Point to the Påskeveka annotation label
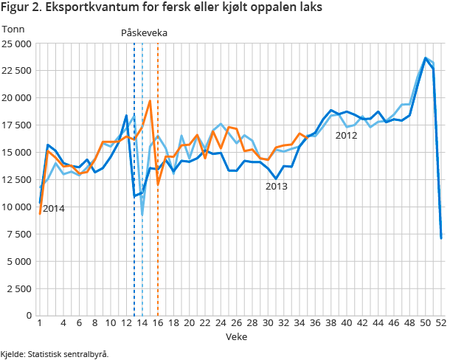coord(145,33)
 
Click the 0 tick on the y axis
coord(29,315)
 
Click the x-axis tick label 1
coord(39,323)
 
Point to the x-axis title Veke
coord(237,336)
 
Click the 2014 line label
coord(53,209)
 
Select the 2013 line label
coord(276,187)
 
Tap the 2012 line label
coord(346,135)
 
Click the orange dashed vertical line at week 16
coord(158,221)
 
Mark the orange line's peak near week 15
coord(150,101)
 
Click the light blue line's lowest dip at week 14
coord(142,215)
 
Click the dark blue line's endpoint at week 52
coord(441,238)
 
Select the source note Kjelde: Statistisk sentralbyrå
coord(55,353)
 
